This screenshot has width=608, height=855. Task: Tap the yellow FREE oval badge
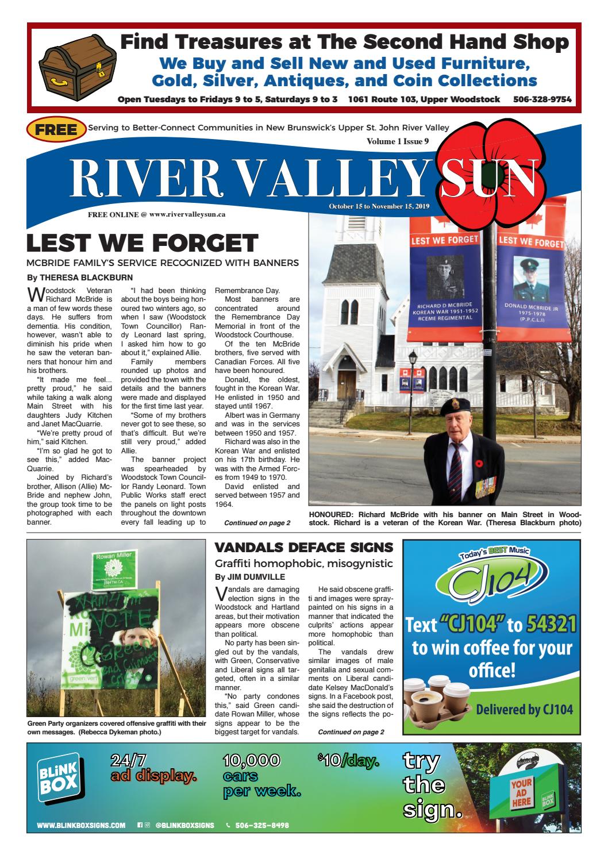tap(56, 130)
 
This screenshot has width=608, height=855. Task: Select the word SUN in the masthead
tap(488, 175)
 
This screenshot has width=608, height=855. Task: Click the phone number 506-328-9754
tap(542, 99)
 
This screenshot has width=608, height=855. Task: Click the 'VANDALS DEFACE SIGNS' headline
tap(303, 547)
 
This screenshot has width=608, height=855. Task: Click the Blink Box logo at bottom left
tap(56, 779)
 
